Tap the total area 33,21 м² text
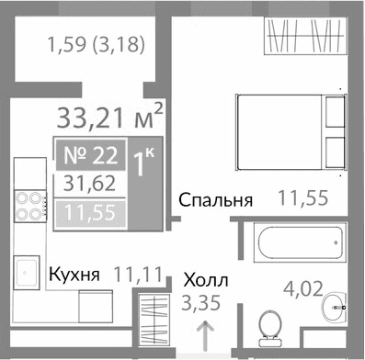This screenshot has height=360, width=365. tap(110, 118)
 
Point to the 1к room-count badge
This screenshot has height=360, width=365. tap(143, 165)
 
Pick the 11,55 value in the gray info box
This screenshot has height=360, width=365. tap(91, 216)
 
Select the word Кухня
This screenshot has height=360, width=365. tap(74, 275)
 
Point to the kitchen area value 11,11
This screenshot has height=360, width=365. tap(137, 273)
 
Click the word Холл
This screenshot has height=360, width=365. tap(205, 280)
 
